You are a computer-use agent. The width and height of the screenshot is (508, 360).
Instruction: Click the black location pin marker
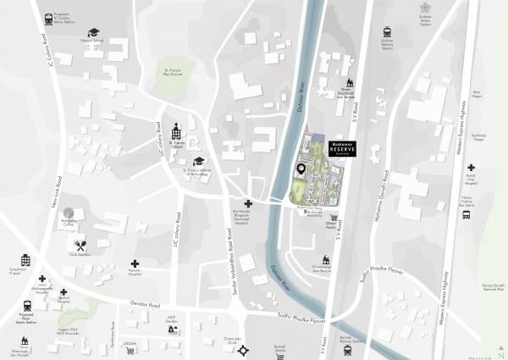[301, 170]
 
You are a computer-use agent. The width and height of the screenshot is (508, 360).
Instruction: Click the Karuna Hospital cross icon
[135, 264]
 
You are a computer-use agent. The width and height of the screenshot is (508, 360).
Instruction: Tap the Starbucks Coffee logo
[69, 214]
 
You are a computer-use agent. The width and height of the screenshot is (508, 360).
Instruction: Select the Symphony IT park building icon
[25, 260]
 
